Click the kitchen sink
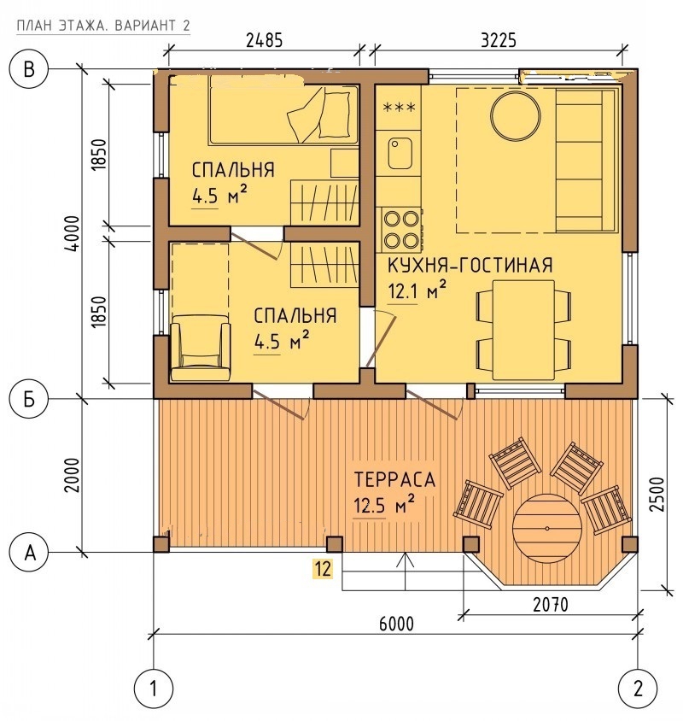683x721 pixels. point(399,153)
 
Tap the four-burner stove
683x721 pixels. point(400,230)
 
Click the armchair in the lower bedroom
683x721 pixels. point(200,347)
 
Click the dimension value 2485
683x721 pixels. point(264,40)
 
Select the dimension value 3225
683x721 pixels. point(499,40)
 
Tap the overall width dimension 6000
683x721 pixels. point(396,624)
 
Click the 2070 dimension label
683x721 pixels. point(551,604)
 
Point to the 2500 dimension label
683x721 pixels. point(657,495)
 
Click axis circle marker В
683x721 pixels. point(29,70)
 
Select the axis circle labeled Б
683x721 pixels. point(29,399)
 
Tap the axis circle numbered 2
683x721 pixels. point(638,689)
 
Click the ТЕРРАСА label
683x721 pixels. point(394,479)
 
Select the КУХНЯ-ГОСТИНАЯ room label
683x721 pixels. point(470,266)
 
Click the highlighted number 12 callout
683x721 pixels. point(323,569)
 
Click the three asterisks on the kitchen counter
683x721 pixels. point(399,108)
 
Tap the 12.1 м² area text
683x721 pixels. point(417,290)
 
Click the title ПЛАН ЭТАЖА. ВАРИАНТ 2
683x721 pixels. point(103,26)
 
